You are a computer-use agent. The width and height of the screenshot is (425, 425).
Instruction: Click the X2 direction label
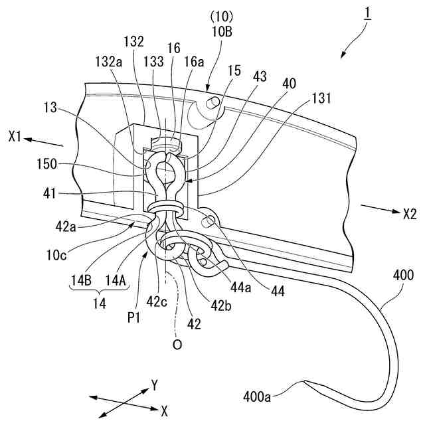tap(409, 214)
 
